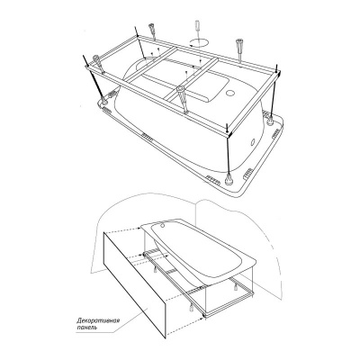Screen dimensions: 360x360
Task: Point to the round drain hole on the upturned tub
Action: pos(230,93)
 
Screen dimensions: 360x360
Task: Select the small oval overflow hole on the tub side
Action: pos(252,140)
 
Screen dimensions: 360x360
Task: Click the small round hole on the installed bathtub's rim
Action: pos(164,223)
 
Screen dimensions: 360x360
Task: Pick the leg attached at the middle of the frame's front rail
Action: pos(182,97)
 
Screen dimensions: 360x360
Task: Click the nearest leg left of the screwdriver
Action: pos(152,31)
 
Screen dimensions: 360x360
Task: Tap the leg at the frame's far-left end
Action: pos(98,65)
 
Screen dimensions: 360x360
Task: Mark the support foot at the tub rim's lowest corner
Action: pos(229,179)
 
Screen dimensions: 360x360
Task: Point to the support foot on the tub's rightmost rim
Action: pos(270,120)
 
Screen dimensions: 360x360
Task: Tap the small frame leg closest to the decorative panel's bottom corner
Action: pos(190,308)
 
